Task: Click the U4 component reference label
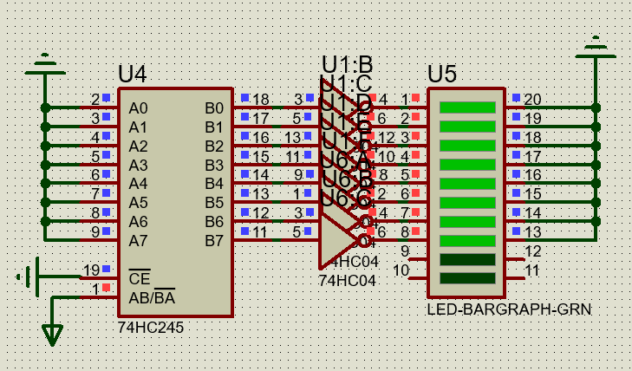(x=133, y=75)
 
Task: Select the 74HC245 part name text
(x=150, y=329)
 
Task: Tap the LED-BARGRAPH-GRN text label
(x=509, y=309)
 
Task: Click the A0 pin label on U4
(x=138, y=108)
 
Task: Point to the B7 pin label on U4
(x=214, y=240)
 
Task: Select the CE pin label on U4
(x=138, y=279)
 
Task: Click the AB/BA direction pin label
(x=152, y=296)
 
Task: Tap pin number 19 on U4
(x=92, y=270)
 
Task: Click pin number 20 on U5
(x=532, y=99)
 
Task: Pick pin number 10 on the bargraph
(x=401, y=270)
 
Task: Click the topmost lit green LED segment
(x=467, y=107)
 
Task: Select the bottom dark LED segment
(x=467, y=278)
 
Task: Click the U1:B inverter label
(x=347, y=64)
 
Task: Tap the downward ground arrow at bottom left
(x=53, y=333)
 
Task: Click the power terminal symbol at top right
(x=595, y=45)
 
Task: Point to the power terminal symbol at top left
(x=44, y=63)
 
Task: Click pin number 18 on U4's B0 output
(x=260, y=99)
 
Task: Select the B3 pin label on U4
(x=214, y=165)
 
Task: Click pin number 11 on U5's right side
(x=532, y=270)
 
